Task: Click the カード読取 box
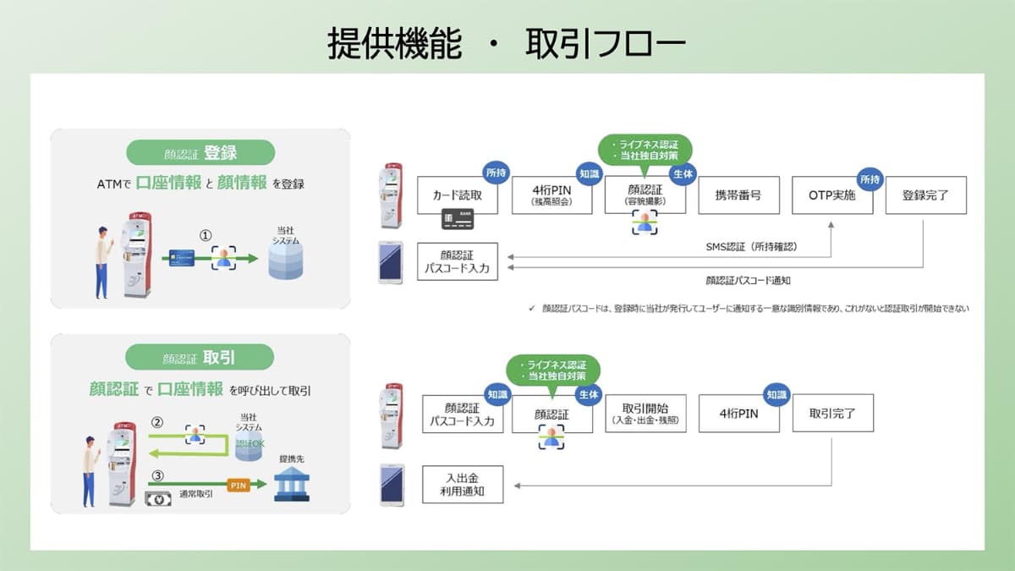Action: [458, 195]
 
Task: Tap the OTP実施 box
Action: [832, 195]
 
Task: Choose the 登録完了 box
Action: [925, 195]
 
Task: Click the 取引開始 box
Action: [645, 414]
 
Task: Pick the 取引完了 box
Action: [832, 414]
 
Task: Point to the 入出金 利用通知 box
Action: [463, 485]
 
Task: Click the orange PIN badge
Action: [237, 485]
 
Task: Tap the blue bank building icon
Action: [292, 485]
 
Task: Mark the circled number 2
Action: [156, 422]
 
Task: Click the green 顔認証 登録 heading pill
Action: [200, 153]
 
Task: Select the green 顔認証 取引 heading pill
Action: [200, 357]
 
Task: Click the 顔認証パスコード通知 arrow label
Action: [748, 279]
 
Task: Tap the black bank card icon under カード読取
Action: [457, 222]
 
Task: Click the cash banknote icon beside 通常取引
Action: [157, 498]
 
